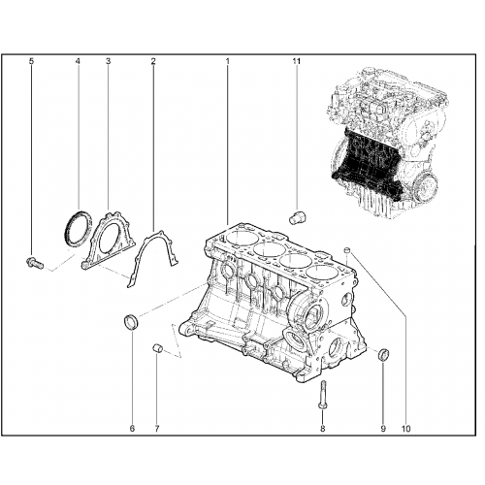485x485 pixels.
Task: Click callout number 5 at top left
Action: coord(31,61)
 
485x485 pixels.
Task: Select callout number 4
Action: coord(78,61)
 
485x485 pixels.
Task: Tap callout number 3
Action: coord(108,61)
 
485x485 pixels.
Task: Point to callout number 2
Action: coord(153,61)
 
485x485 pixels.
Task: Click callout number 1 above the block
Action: coord(228,61)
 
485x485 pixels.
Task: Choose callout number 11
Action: coord(297,61)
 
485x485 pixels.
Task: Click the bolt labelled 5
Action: coord(34,262)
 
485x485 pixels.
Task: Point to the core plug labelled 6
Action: coord(131,322)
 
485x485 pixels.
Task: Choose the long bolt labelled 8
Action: coord(323,395)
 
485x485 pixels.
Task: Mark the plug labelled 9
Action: coord(384,354)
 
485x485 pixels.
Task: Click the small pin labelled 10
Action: coord(346,249)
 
